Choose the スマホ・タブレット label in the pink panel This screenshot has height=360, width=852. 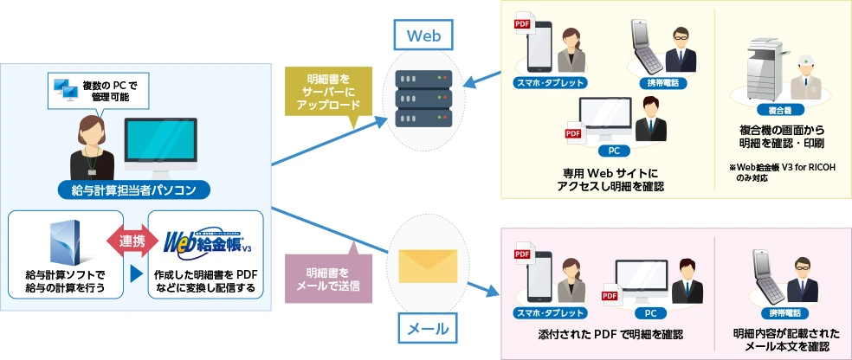pos(548,312)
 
